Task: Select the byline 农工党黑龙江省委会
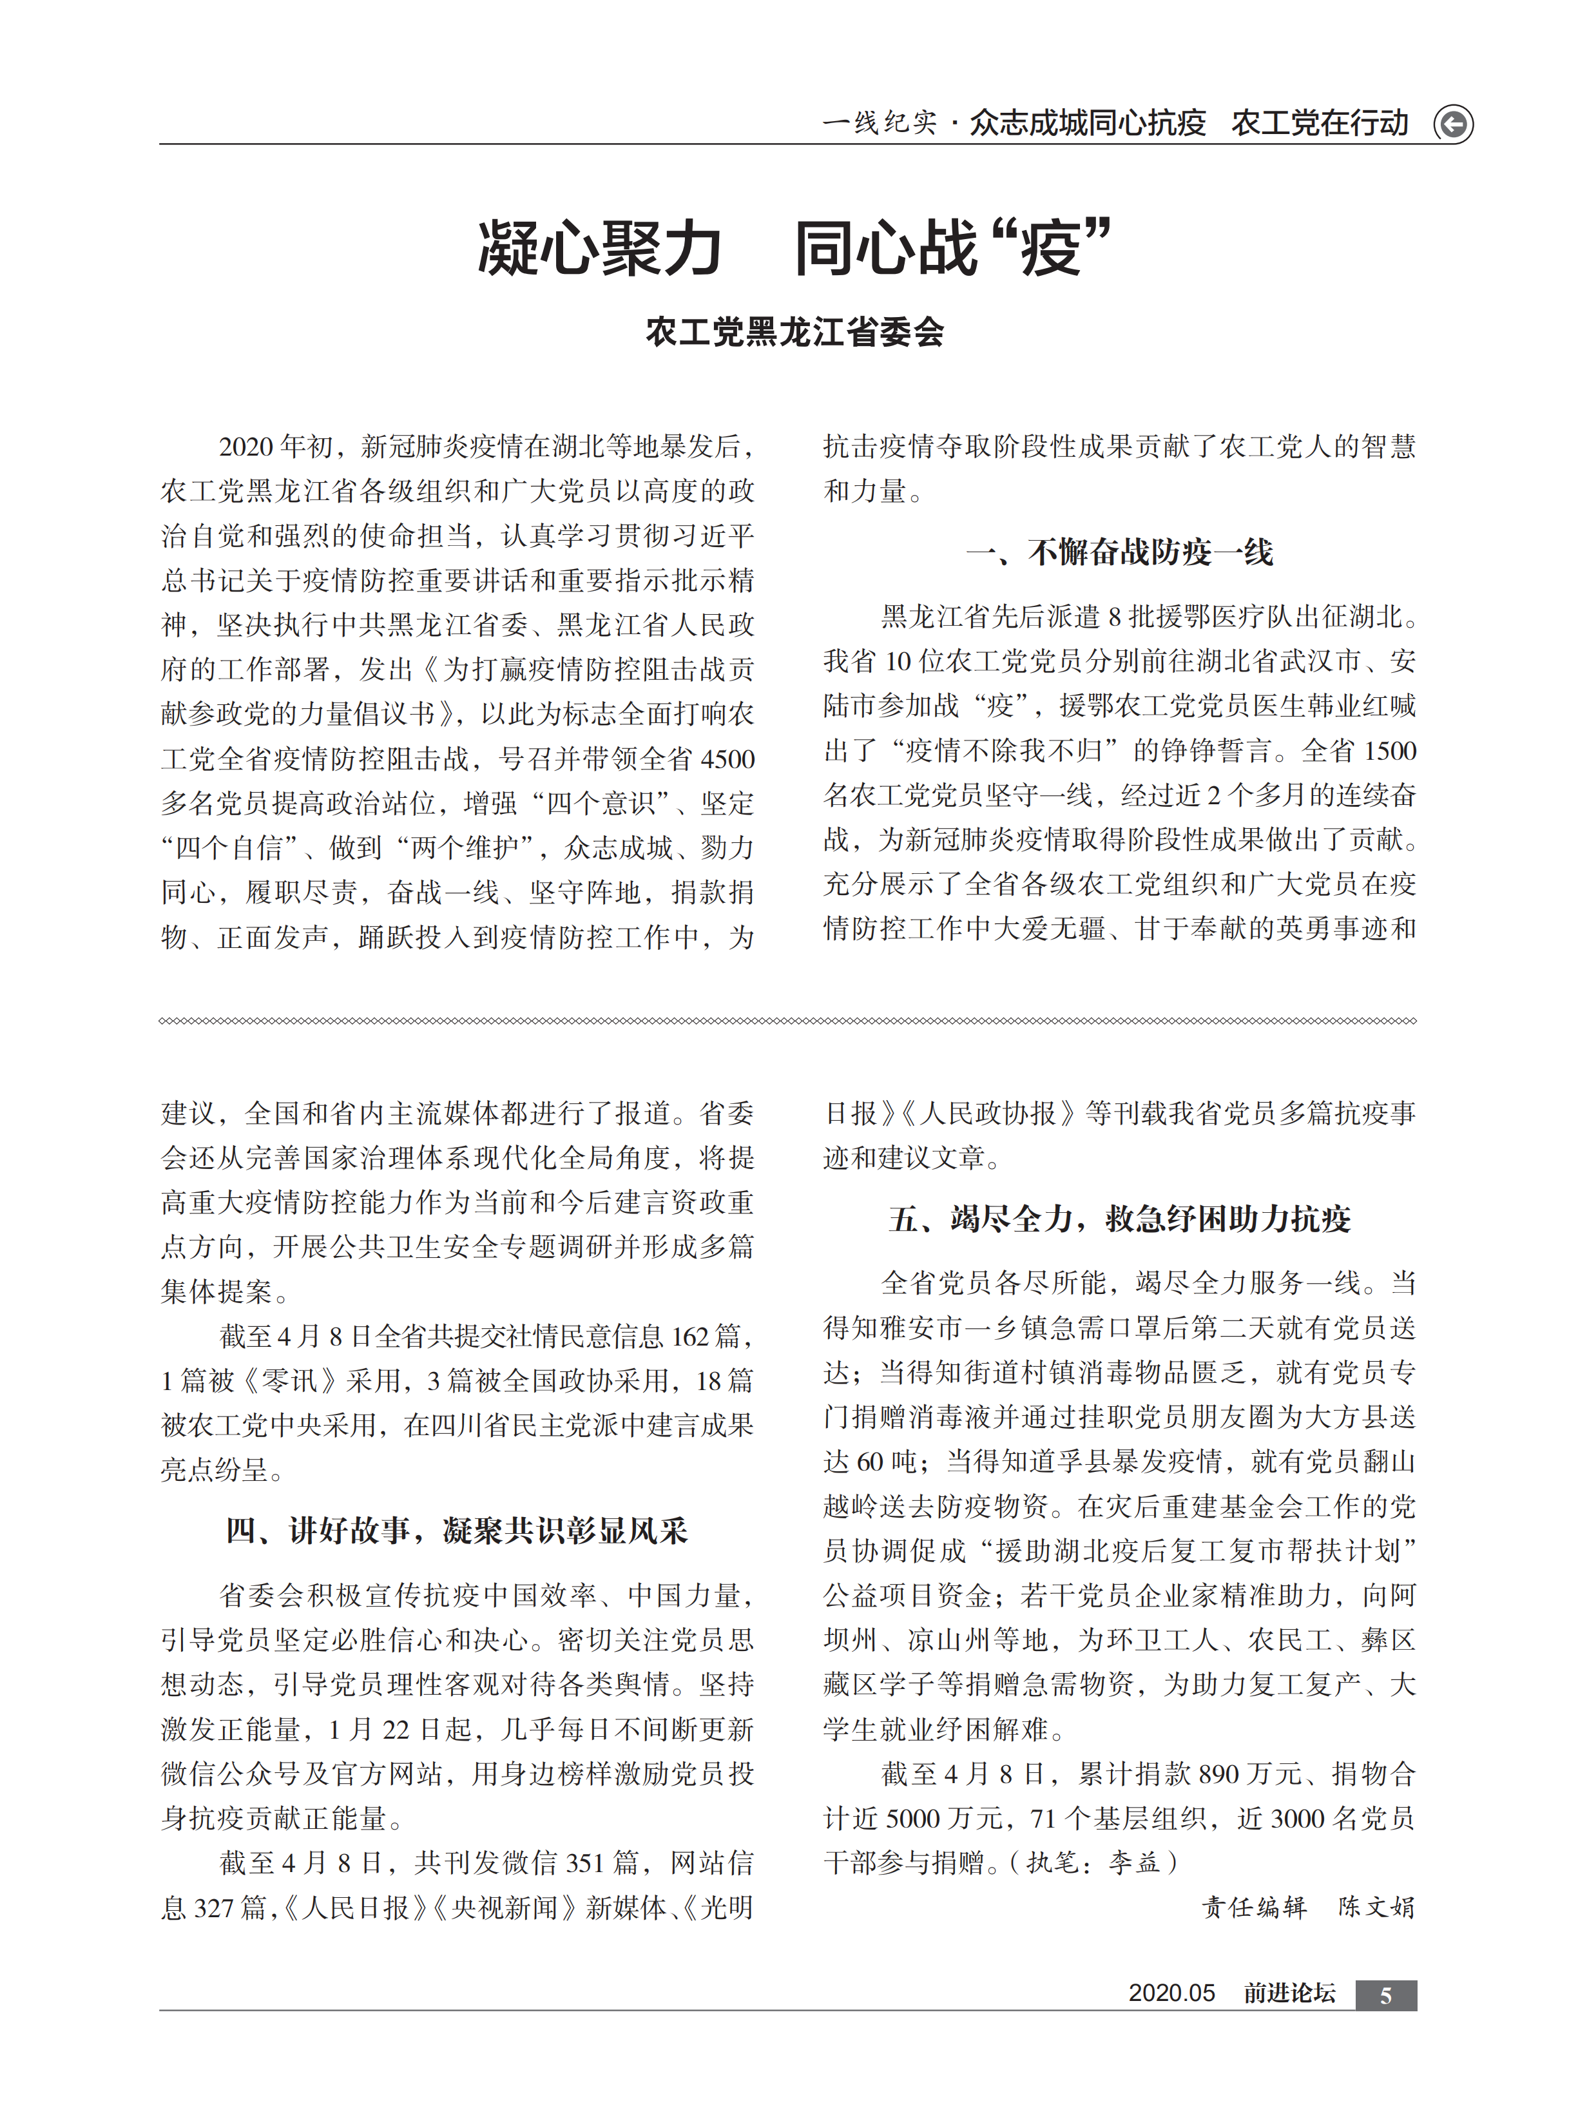click(794, 333)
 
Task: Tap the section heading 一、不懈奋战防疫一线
click(1119, 552)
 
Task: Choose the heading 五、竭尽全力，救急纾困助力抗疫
click(1119, 1219)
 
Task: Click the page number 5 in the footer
click(1385, 1995)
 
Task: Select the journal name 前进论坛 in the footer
click(1289, 1993)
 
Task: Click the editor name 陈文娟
click(1376, 1908)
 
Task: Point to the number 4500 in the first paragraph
click(728, 759)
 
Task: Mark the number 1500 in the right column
click(1390, 751)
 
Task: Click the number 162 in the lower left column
click(689, 1336)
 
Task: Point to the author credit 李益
click(1134, 1863)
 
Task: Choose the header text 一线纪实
click(879, 123)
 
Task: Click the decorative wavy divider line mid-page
click(788, 1021)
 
